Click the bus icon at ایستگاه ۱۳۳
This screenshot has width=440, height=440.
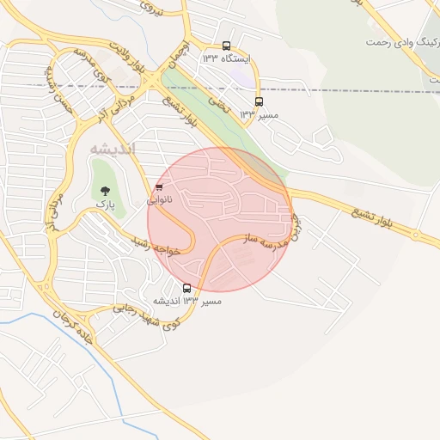(x=226, y=46)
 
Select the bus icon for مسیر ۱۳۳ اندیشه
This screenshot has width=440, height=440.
(x=187, y=288)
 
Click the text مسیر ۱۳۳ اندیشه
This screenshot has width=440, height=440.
(x=187, y=302)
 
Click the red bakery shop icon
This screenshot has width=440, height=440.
(x=158, y=187)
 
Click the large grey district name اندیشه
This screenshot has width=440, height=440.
(x=113, y=149)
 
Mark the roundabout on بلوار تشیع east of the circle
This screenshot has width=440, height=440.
(x=415, y=234)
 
